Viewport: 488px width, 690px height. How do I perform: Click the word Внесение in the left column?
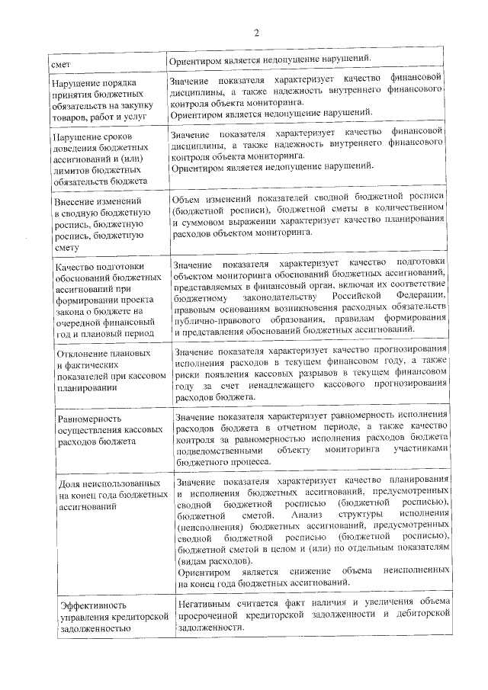coord(79,201)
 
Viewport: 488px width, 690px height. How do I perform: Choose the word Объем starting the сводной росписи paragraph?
coord(188,197)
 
